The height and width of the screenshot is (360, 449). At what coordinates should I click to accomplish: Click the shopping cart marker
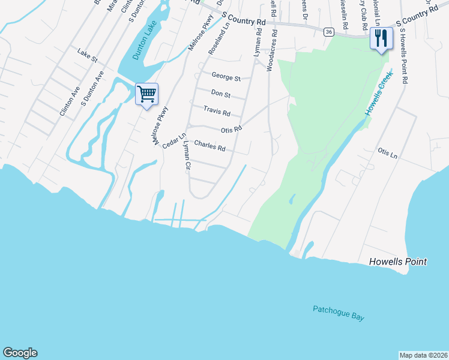[146, 94]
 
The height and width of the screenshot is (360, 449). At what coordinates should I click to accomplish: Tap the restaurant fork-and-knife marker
[381, 39]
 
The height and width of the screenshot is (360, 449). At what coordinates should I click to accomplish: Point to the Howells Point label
[398, 262]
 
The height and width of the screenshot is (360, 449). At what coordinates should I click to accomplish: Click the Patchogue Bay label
[339, 313]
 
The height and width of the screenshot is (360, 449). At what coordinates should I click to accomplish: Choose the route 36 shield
[328, 32]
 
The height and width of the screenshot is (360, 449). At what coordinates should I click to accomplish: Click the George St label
[226, 77]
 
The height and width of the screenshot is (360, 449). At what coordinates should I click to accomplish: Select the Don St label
[221, 94]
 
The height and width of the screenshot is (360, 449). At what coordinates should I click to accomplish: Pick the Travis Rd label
[217, 111]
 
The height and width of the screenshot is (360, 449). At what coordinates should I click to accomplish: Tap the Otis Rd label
[231, 129]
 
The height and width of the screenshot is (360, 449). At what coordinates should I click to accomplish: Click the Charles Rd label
[209, 146]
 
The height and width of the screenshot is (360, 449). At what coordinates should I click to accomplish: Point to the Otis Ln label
[387, 154]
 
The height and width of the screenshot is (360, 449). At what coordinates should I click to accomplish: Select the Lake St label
[87, 56]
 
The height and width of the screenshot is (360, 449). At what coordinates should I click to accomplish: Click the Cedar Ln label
[171, 139]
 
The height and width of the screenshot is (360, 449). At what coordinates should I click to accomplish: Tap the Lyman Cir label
[187, 155]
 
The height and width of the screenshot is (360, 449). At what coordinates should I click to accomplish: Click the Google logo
[20, 353]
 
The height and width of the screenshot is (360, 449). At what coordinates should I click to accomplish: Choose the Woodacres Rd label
[271, 52]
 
